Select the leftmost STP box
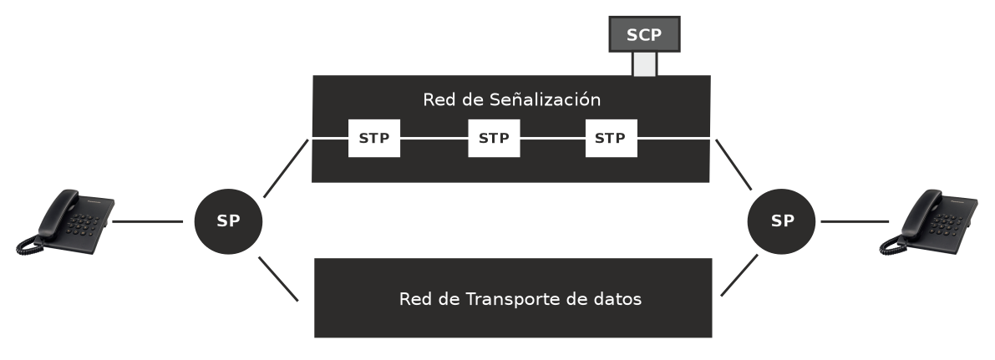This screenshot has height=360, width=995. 373,138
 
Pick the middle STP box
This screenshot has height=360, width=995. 493,138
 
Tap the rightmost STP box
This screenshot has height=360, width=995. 610,138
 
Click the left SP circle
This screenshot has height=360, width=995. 228,221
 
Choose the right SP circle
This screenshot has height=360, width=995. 782,221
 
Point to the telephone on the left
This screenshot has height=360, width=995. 65,221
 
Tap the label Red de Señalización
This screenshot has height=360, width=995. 511,100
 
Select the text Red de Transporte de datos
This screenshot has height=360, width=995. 520,299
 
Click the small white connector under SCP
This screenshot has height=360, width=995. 643,65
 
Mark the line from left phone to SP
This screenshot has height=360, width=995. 149,221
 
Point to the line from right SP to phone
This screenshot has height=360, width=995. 854,221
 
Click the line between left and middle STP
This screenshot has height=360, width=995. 434,138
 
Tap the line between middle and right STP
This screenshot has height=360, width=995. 552,138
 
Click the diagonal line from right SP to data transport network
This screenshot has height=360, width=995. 739,275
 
